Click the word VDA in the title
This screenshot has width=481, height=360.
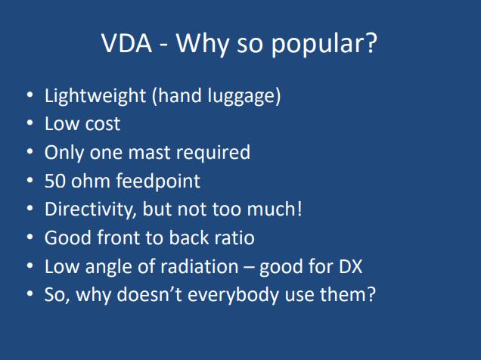pos(127,43)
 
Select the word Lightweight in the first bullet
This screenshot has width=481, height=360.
pos(95,96)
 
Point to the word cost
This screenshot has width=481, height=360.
pos(102,125)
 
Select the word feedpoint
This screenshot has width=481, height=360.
pos(158,182)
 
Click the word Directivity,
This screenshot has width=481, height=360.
pos(91,209)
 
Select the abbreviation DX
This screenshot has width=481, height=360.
pos(351,266)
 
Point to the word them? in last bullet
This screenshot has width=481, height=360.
pos(348,294)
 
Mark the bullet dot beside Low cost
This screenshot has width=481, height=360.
pos(29,123)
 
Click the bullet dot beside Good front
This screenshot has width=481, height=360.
pos(29,237)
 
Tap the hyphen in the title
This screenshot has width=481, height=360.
pos(164,46)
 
